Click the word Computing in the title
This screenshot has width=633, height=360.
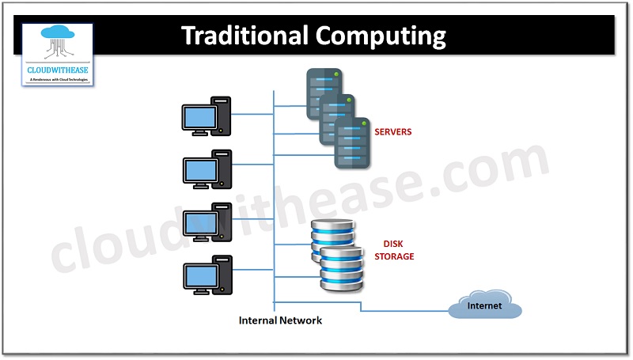pyautogui.click(x=381, y=36)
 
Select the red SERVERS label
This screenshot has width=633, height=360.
pyautogui.click(x=393, y=132)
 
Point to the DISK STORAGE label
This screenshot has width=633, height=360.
pyautogui.click(x=399, y=251)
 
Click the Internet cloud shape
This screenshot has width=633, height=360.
pyautogui.click(x=484, y=306)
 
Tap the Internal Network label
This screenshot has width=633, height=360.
pyautogui.click(x=280, y=320)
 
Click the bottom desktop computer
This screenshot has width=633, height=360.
pyautogui.click(x=206, y=275)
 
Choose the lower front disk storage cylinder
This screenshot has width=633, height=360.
pyautogui.click(x=340, y=269)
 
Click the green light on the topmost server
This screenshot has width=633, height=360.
pyautogui.click(x=337, y=76)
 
